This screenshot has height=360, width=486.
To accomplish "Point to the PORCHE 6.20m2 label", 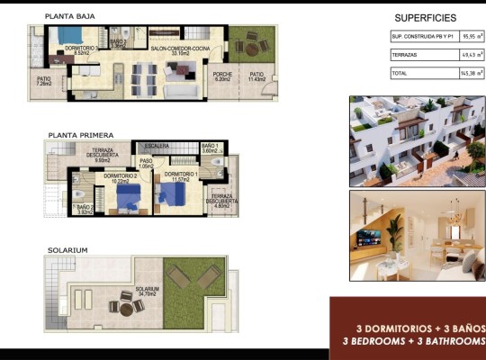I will [220, 77].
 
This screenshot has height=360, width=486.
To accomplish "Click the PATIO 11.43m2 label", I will [257, 77].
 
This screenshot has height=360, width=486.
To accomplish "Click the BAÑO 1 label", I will [211, 147].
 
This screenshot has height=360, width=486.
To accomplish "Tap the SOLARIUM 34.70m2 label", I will [147, 291].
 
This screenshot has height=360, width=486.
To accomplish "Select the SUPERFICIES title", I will [425, 18].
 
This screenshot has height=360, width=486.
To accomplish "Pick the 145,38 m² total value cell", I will [472, 72].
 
